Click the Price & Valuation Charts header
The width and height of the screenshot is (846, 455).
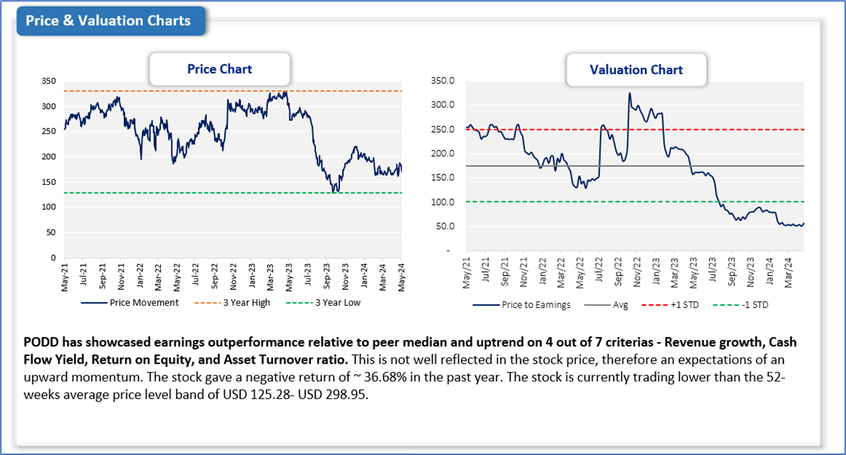pos(109,21)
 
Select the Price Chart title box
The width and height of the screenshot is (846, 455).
pos(219,69)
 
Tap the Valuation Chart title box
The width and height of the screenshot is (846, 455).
pos(636,70)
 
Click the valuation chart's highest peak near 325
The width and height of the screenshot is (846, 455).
pos(629,93)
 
